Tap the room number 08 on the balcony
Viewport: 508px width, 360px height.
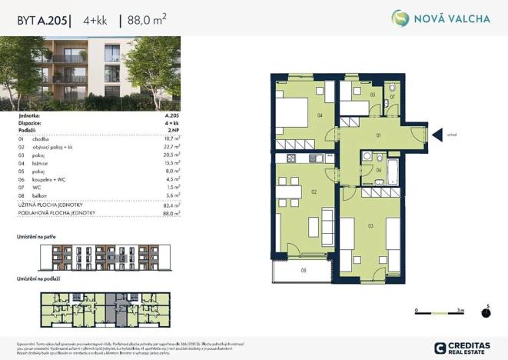click(x=304, y=270)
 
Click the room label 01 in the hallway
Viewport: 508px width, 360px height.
click(x=379, y=135)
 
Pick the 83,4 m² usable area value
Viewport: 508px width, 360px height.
click(x=170, y=205)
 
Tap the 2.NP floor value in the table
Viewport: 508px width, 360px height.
click(x=173, y=130)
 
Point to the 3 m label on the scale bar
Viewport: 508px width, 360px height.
click(x=460, y=309)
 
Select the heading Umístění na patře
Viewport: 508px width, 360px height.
click(x=37, y=236)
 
